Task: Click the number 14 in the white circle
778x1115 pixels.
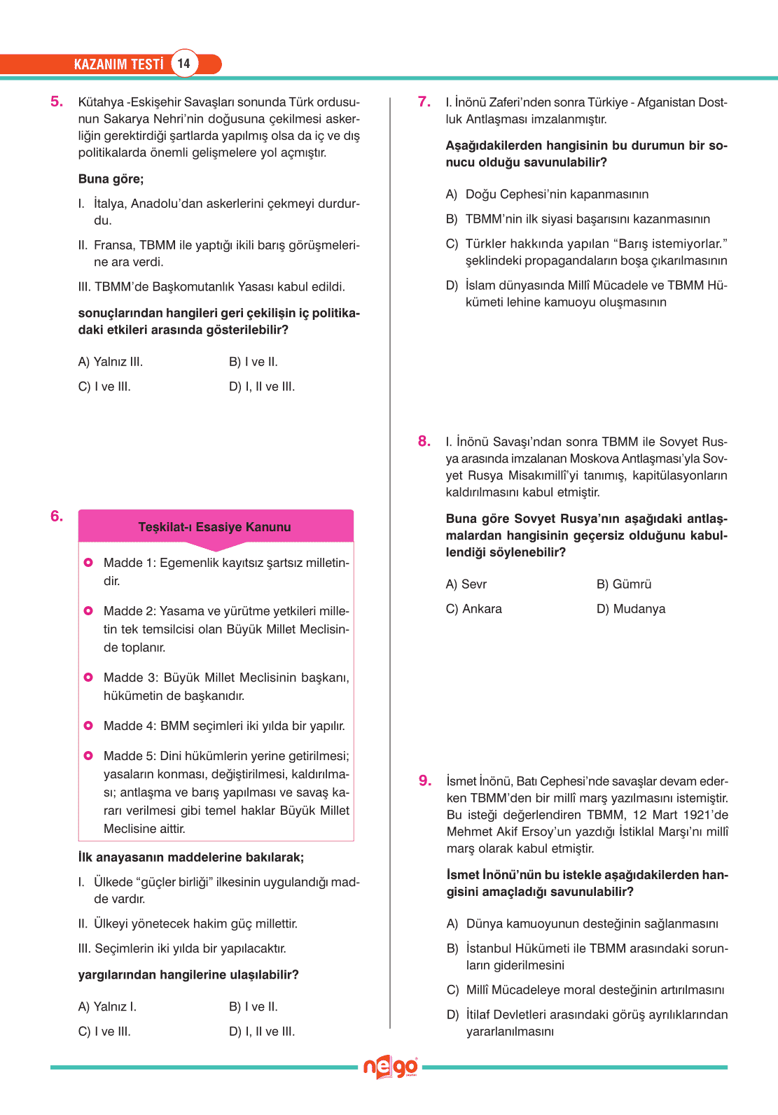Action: point(183,64)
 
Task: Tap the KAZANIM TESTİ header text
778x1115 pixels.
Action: point(118,64)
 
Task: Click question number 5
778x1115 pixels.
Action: point(57,101)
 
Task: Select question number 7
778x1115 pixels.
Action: point(424,101)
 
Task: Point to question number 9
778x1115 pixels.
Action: point(425,780)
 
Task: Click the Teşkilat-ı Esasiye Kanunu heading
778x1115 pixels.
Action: point(214,527)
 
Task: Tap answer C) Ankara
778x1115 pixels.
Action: point(473,609)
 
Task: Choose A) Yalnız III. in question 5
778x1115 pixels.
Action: point(110,362)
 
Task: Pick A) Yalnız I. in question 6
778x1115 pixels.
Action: point(107,1007)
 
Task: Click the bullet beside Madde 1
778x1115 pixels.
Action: point(88,563)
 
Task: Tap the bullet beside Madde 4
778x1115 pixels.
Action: point(88,726)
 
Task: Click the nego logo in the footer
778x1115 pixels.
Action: point(390,1067)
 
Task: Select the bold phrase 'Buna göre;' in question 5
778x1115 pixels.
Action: point(111,179)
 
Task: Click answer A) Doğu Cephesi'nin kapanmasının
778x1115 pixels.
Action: point(547,195)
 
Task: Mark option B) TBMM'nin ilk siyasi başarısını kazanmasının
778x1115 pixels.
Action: point(578,219)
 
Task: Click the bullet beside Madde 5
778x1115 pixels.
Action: point(88,756)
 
